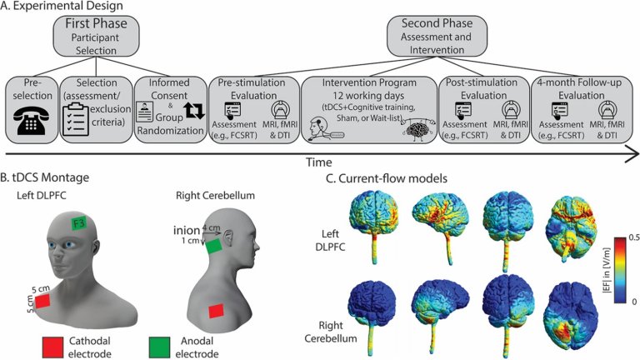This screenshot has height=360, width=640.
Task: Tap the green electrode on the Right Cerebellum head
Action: tap(213, 247)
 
